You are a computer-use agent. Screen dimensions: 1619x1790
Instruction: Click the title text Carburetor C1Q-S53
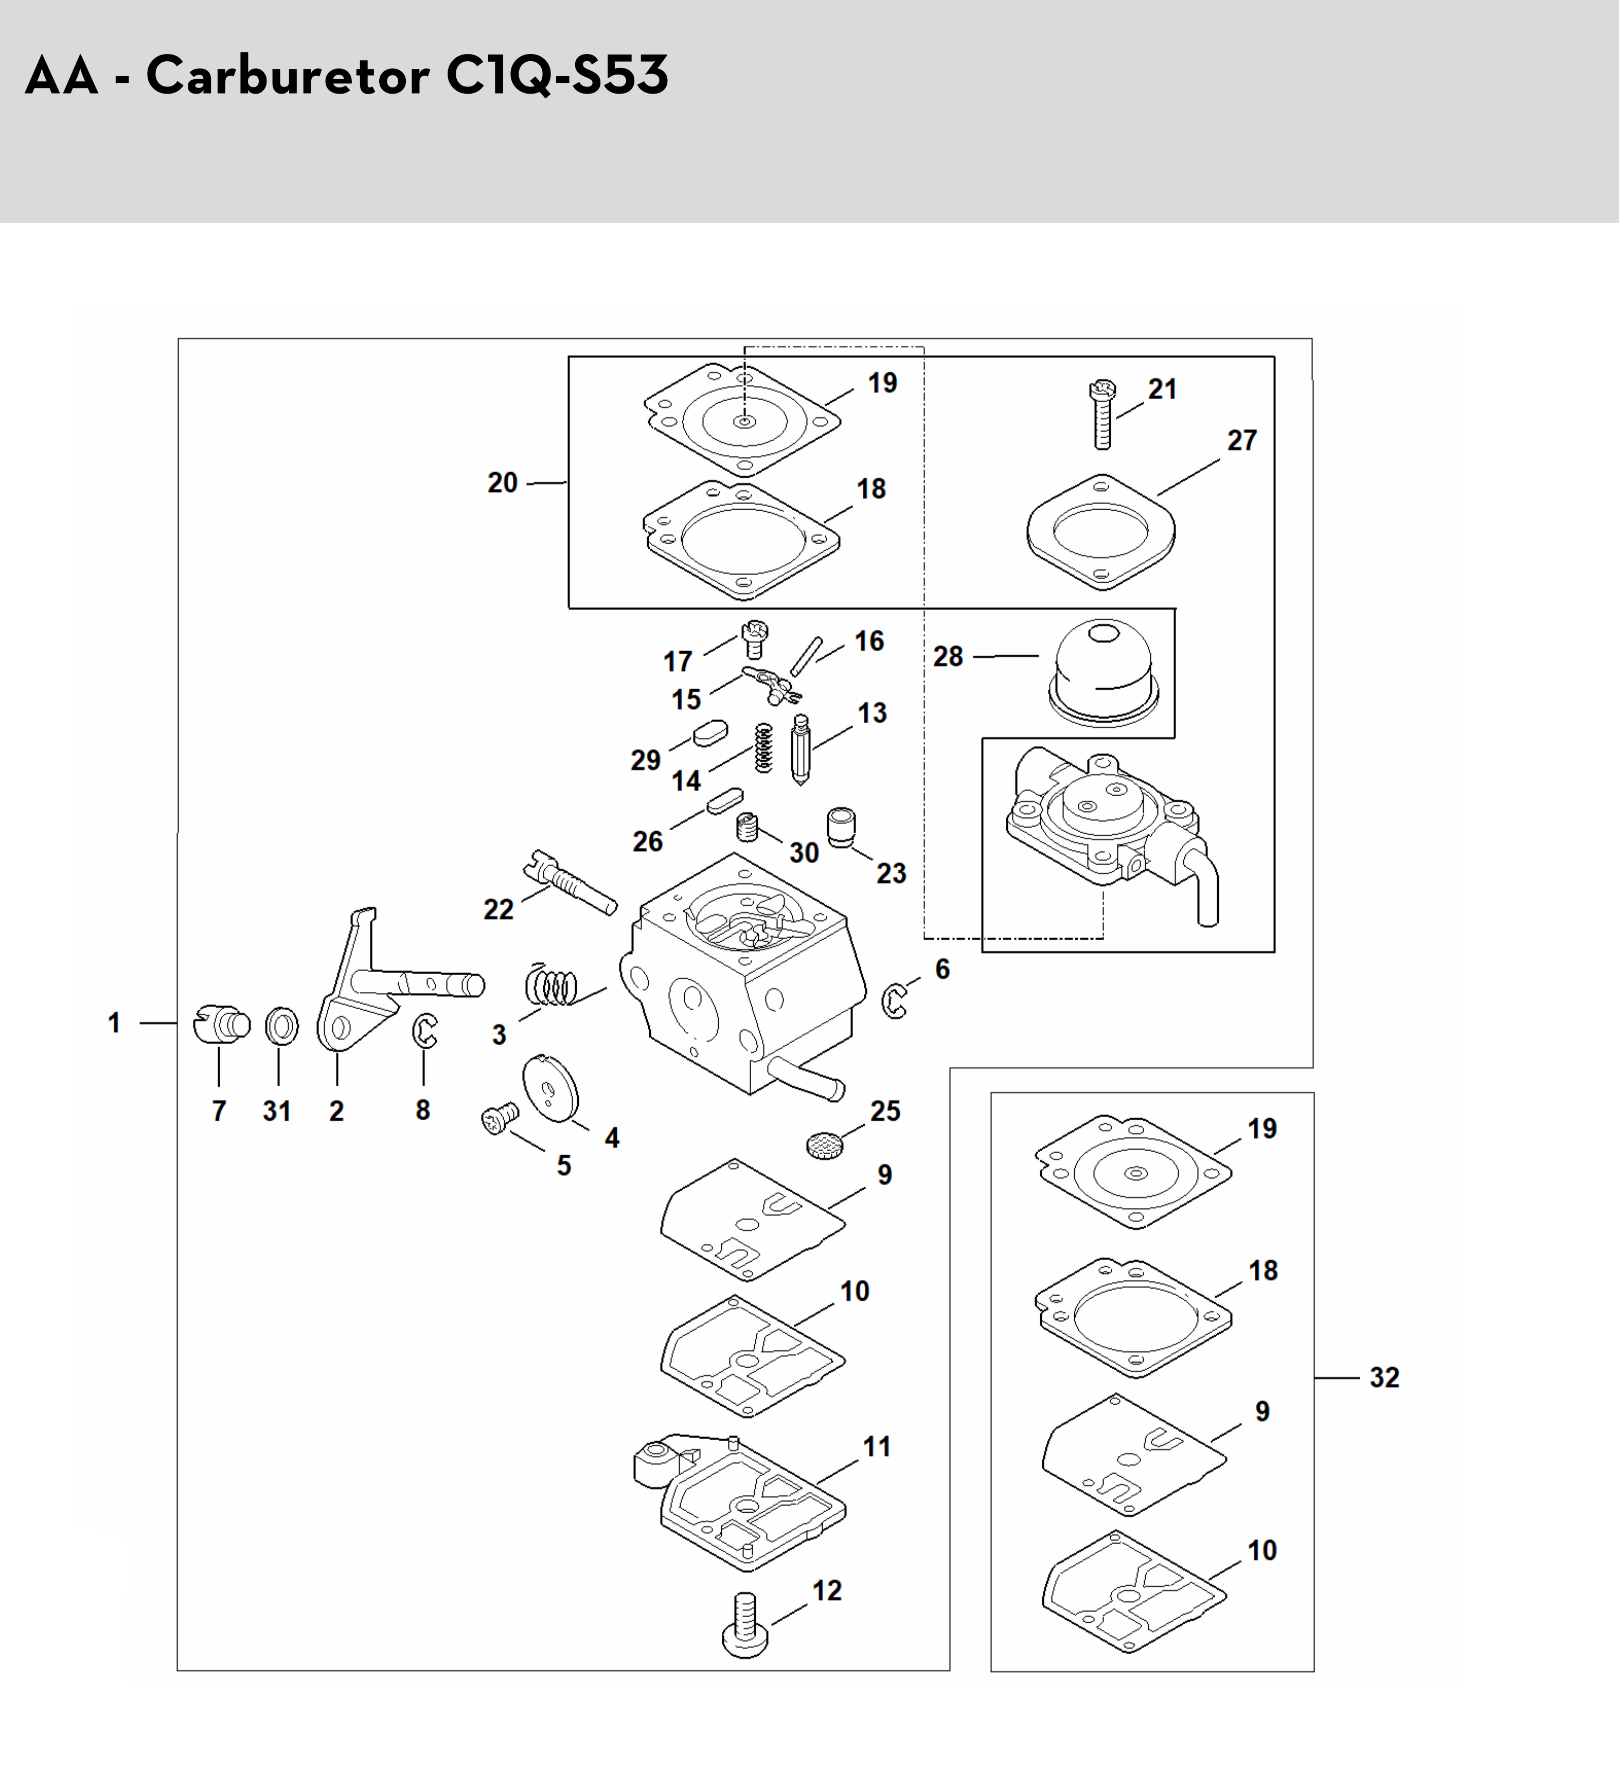[407, 76]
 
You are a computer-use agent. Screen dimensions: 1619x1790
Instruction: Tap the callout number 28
[948, 656]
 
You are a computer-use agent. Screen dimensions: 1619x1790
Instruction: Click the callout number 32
[1384, 1377]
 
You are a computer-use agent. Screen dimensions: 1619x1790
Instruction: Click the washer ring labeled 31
[281, 1027]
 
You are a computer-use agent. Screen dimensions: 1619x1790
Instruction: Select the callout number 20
[503, 483]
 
